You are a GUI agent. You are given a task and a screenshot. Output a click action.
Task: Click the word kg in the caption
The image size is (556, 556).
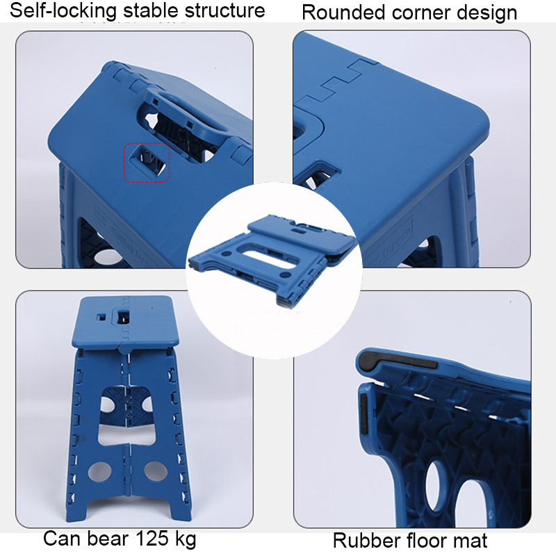point(185,540)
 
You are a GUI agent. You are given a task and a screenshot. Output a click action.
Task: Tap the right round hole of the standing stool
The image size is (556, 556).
point(156,471)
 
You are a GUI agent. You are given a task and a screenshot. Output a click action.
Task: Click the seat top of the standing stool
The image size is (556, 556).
point(122,321)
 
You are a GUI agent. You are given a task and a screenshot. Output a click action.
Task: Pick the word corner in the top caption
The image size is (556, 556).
point(422,13)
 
